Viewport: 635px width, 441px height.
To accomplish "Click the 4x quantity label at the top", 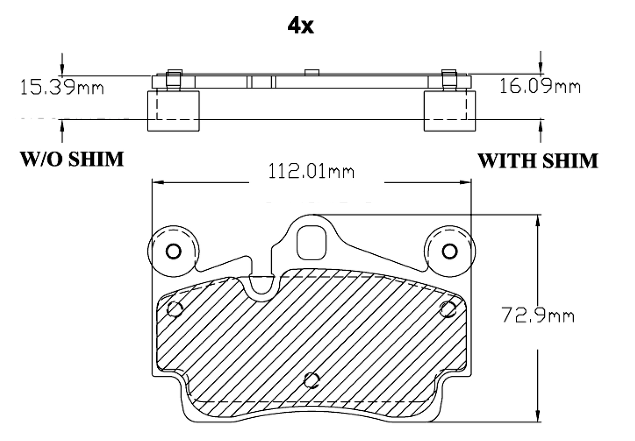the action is (301, 26).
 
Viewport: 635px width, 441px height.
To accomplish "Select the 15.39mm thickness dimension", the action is (62, 87).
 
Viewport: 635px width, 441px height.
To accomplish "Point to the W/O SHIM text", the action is (72, 159).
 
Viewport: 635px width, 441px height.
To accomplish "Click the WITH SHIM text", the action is (538, 160).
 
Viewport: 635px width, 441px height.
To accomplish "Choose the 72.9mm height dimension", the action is (538, 315).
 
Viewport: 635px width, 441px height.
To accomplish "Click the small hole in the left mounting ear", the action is (173, 251).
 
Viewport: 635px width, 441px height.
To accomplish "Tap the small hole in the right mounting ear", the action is (449, 251).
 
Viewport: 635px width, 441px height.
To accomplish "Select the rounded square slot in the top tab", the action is (312, 242).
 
